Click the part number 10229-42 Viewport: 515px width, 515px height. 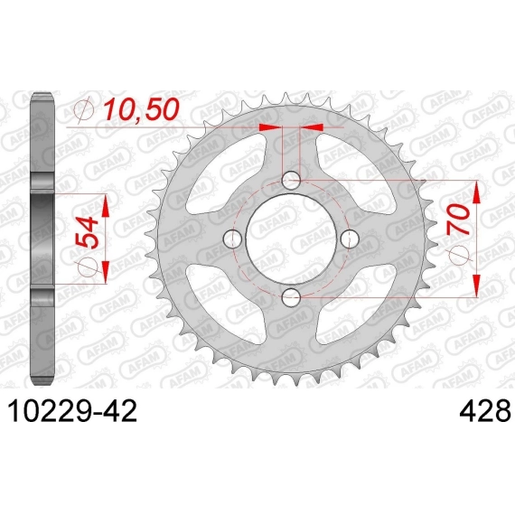coord(71,411)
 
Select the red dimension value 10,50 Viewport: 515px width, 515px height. coord(141,109)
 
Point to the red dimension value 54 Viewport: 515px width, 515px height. coord(88,231)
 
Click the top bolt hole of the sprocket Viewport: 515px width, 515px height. coord(291,180)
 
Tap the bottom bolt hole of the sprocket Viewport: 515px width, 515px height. coord(291,297)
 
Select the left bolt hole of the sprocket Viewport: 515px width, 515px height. coord(232,239)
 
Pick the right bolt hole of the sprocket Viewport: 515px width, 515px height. coord(351,239)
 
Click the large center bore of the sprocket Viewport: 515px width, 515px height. coord(291,239)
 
